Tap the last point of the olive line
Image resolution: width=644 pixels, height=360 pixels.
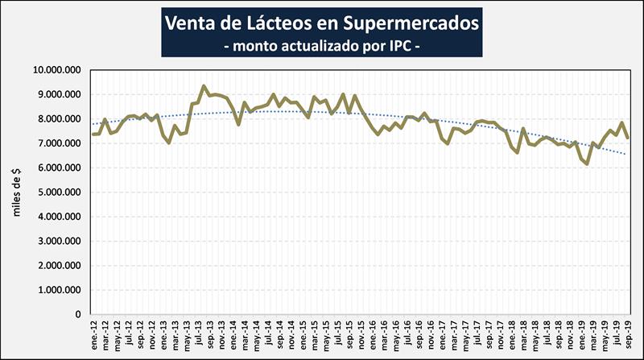628,138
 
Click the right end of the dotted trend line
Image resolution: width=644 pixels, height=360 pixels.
628,154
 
